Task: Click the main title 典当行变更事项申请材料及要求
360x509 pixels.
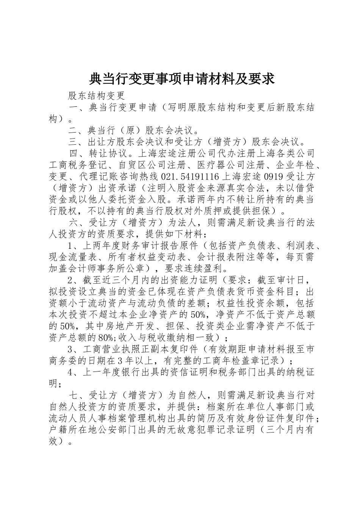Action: click(181, 79)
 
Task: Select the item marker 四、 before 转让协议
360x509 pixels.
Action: click(78, 154)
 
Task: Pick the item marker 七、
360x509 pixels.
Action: click(78, 395)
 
